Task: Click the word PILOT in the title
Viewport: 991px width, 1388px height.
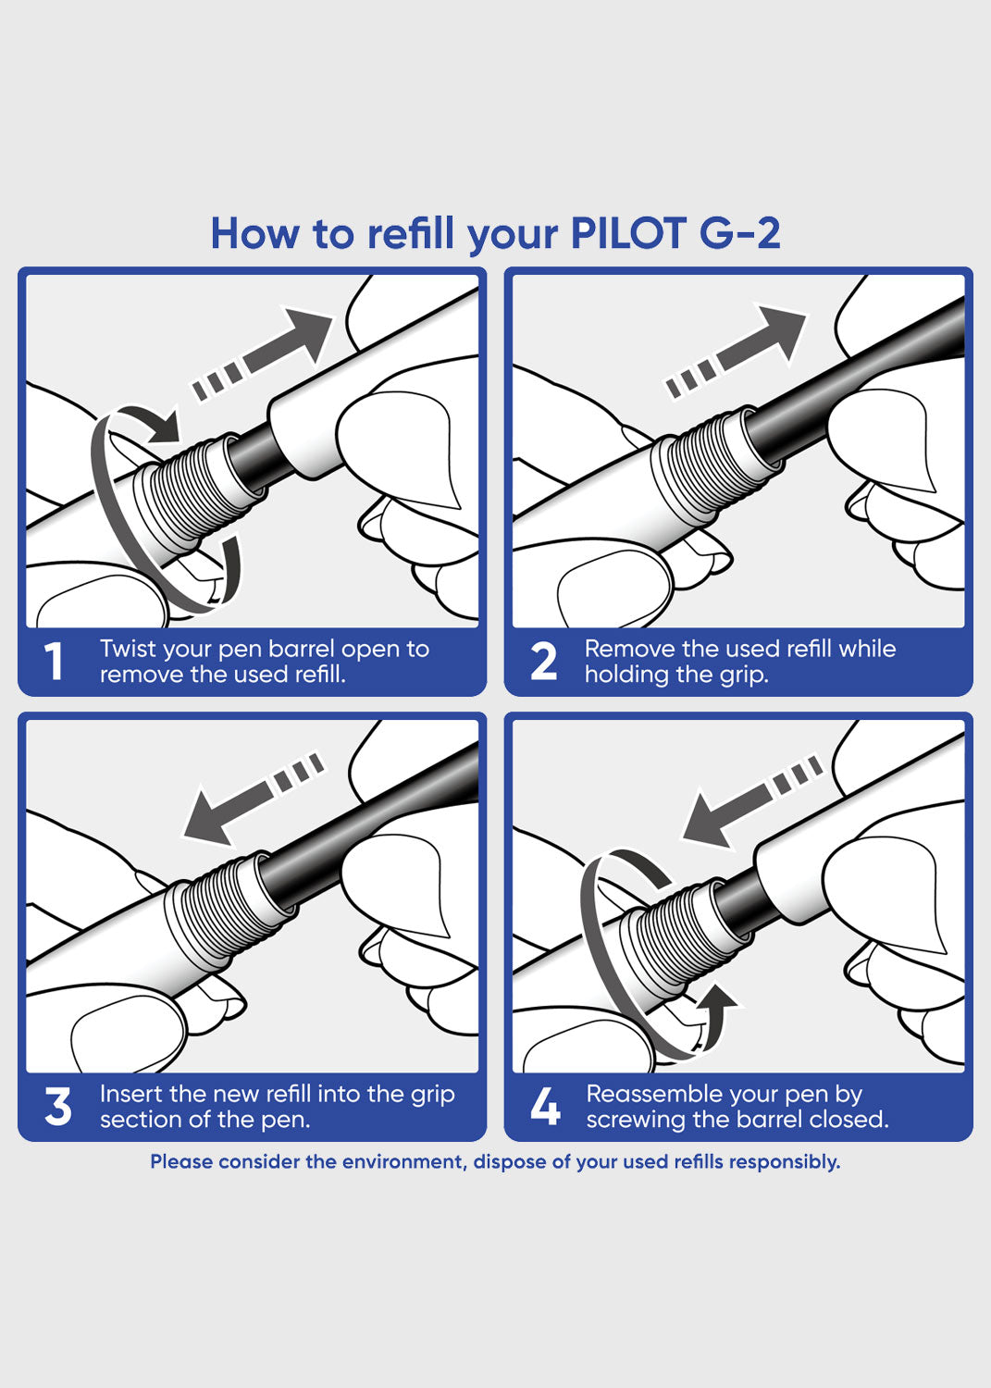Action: pos(628,233)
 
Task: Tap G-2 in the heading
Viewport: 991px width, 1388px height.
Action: pos(739,233)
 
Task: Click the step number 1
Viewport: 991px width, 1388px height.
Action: pos(54,662)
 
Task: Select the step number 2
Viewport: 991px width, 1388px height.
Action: pos(543,662)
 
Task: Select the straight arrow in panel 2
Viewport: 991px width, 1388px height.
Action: pos(735,351)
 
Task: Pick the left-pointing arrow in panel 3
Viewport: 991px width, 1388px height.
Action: pos(254,799)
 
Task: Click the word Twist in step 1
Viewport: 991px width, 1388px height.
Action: pos(129,649)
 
